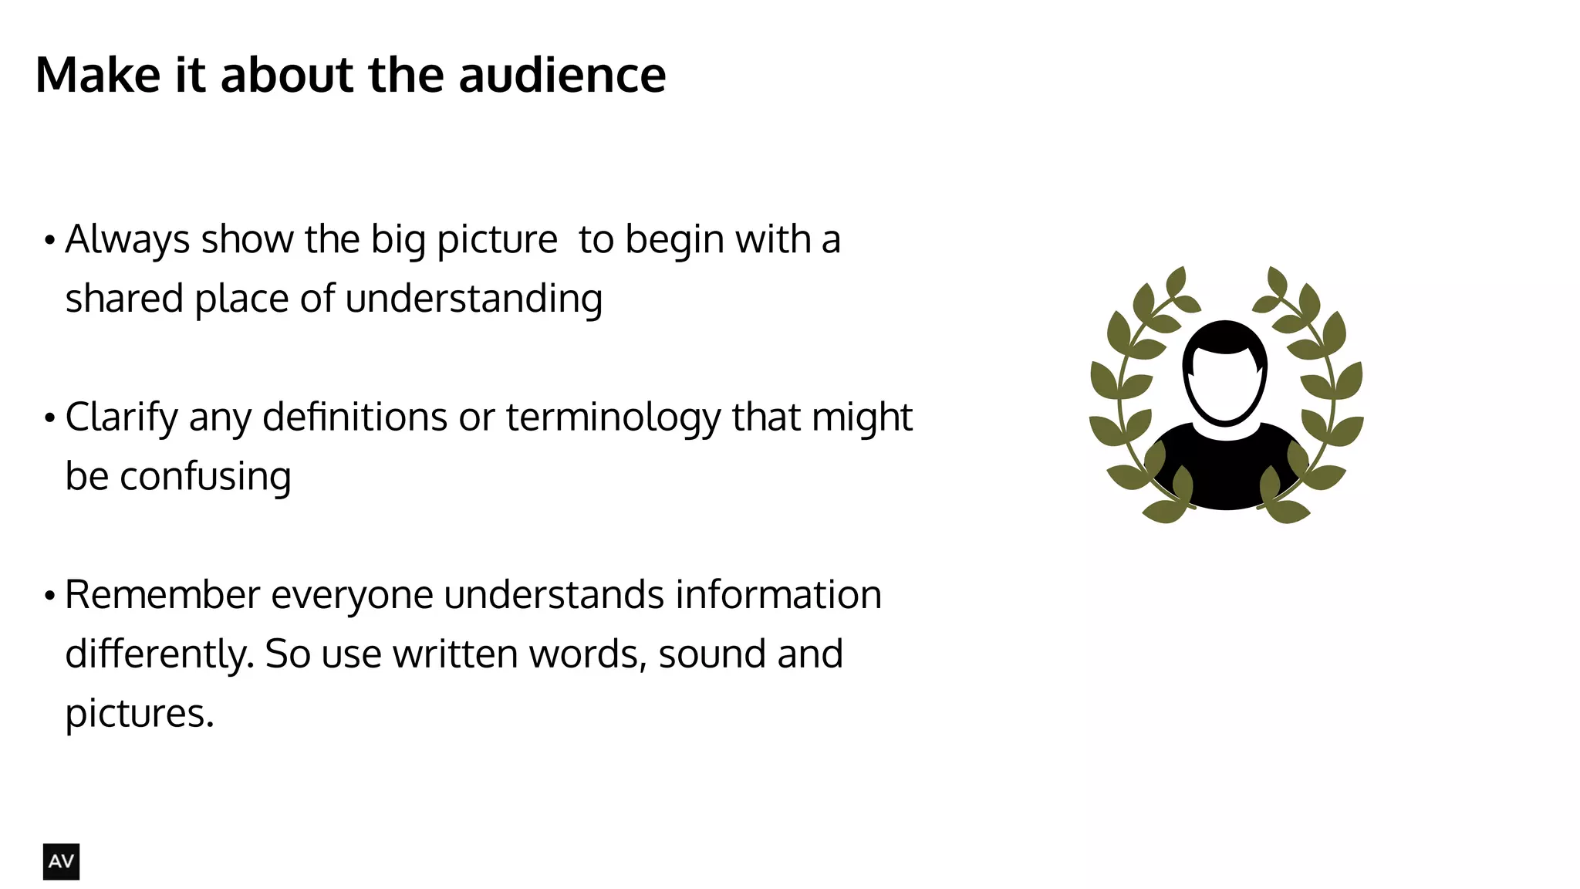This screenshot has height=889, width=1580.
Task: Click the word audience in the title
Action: tap(562, 76)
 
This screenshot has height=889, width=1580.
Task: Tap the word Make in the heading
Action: tap(98, 76)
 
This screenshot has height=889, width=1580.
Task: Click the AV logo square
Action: tap(61, 861)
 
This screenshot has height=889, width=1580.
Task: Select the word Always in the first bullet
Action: tap(127, 240)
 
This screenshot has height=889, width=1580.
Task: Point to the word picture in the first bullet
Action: tap(497, 240)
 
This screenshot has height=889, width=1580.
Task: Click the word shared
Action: tap(123, 299)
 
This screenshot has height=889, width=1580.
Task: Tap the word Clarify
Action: tap(121, 418)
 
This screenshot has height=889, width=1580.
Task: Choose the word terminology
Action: tap(613, 418)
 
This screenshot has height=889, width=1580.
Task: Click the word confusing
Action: tap(205, 477)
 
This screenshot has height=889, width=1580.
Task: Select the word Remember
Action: tap(162, 595)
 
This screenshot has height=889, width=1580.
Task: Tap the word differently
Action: tap(159, 654)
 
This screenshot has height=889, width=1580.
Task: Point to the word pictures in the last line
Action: tap(139, 714)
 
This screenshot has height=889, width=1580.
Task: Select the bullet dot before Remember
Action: tap(50, 597)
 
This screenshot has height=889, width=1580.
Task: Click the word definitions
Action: tap(355, 418)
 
